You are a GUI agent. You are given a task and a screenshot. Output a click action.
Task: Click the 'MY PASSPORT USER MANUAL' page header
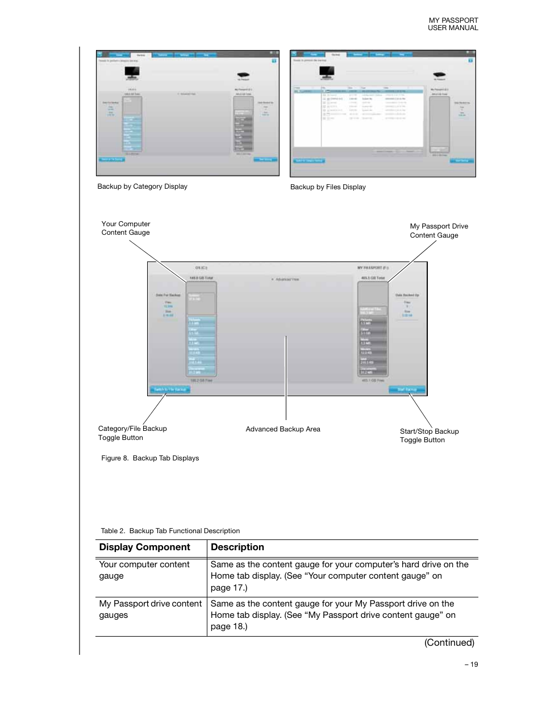click(x=453, y=24)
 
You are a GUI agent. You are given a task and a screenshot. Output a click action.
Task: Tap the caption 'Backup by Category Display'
click(x=142, y=186)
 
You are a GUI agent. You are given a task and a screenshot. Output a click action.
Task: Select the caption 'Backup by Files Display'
click(x=328, y=187)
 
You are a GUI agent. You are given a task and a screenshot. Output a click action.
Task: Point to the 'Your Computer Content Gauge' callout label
click(x=126, y=228)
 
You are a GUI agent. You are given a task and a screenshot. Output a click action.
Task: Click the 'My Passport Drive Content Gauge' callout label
click(x=439, y=231)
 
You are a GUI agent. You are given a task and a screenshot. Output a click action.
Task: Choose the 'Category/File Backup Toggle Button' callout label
click(x=132, y=433)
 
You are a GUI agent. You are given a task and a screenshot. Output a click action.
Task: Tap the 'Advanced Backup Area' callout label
click(x=283, y=429)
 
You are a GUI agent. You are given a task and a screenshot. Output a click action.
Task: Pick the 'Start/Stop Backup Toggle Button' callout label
click(x=429, y=435)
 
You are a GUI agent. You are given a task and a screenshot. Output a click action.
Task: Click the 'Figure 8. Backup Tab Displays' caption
click(x=150, y=458)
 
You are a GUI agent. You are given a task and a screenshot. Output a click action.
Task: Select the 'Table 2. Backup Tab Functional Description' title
click(x=170, y=531)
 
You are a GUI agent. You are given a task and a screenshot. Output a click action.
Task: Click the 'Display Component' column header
click(x=144, y=547)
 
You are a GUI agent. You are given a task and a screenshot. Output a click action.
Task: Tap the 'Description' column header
click(x=237, y=547)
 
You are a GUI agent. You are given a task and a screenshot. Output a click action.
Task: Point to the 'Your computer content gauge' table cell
click(x=144, y=570)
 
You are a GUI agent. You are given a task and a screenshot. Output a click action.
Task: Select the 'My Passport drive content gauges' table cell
click(x=150, y=609)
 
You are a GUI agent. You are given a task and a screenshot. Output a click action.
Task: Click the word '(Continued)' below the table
click(x=449, y=643)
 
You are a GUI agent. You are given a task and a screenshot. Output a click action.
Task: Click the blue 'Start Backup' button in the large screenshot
click(x=407, y=390)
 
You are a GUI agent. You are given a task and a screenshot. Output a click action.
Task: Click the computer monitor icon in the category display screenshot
click(x=132, y=72)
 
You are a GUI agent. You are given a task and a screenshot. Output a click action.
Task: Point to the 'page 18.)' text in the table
click(x=228, y=626)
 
